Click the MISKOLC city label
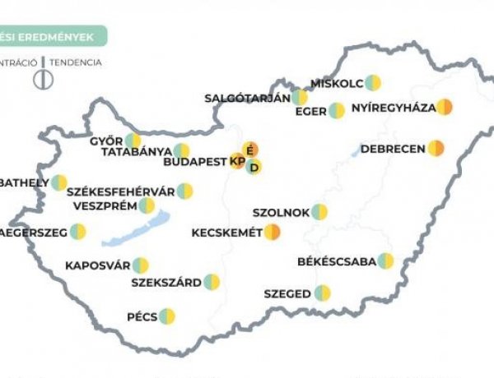[x=336, y=83]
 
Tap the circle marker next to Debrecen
[x=436, y=149]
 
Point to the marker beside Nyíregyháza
[x=445, y=107]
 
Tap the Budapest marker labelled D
[x=255, y=168]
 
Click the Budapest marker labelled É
[x=250, y=150]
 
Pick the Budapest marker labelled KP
[x=238, y=161]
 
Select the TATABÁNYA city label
[x=136, y=151]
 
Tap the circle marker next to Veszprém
[x=147, y=205]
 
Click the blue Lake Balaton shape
[x=137, y=231]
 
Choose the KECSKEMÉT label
[x=226, y=233]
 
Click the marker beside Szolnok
[x=319, y=212]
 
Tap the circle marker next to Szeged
[x=323, y=293]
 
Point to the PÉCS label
[x=142, y=316]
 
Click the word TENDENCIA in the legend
[x=75, y=62]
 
